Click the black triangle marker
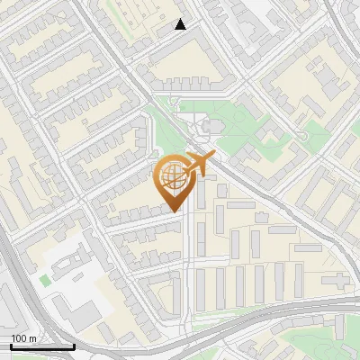[181, 24]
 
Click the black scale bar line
[41, 346]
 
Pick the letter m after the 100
[31, 339]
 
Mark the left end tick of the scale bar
[10, 345]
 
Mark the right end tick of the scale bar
[73, 345]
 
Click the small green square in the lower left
[45, 281]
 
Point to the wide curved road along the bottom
[261, 317]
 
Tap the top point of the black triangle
[181, 19]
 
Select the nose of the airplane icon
[215, 156]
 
